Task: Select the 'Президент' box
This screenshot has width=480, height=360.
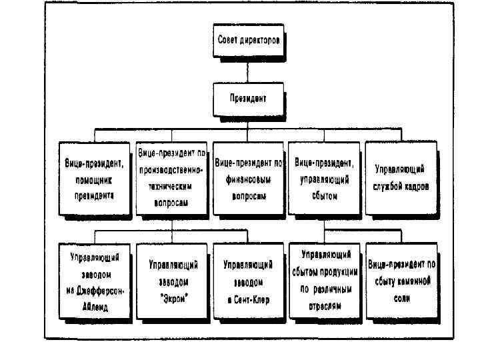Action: (249, 99)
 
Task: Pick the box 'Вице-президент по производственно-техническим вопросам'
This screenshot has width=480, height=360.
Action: (172, 179)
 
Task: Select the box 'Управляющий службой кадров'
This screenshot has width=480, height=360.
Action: (401, 179)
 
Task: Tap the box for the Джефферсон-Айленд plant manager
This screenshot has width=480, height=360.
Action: (95, 281)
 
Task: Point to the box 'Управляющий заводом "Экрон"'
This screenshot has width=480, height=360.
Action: (172, 283)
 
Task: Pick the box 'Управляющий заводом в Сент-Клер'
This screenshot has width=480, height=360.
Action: (248, 283)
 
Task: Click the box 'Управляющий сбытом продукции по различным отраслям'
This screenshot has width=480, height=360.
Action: (325, 281)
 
